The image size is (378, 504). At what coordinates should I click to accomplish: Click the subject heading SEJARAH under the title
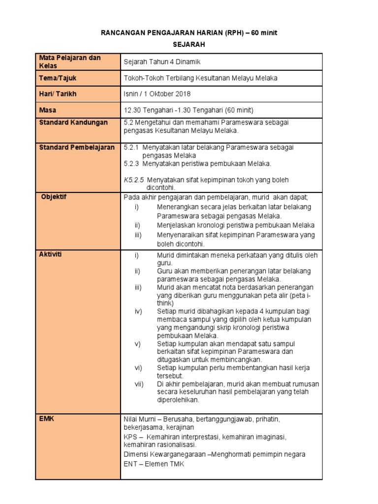189,44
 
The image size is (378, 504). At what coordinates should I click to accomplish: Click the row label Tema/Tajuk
58,78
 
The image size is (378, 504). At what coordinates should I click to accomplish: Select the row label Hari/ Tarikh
58,94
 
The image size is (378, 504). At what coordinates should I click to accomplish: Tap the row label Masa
48,110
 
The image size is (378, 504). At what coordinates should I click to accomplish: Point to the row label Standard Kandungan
73,123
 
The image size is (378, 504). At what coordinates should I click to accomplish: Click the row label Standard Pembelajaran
76,147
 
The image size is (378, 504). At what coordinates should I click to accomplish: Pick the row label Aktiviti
51,254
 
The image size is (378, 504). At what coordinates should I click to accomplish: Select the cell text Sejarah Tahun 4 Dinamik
162,62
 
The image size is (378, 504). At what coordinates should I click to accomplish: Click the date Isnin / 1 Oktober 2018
157,94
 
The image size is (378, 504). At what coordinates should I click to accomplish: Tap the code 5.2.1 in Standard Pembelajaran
131,147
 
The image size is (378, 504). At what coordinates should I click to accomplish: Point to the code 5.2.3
131,163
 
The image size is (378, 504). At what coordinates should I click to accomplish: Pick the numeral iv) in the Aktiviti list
138,312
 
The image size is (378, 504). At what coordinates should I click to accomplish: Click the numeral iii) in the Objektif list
138,235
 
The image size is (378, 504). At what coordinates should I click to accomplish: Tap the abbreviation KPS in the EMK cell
130,437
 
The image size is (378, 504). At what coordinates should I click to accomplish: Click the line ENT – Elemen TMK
154,464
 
